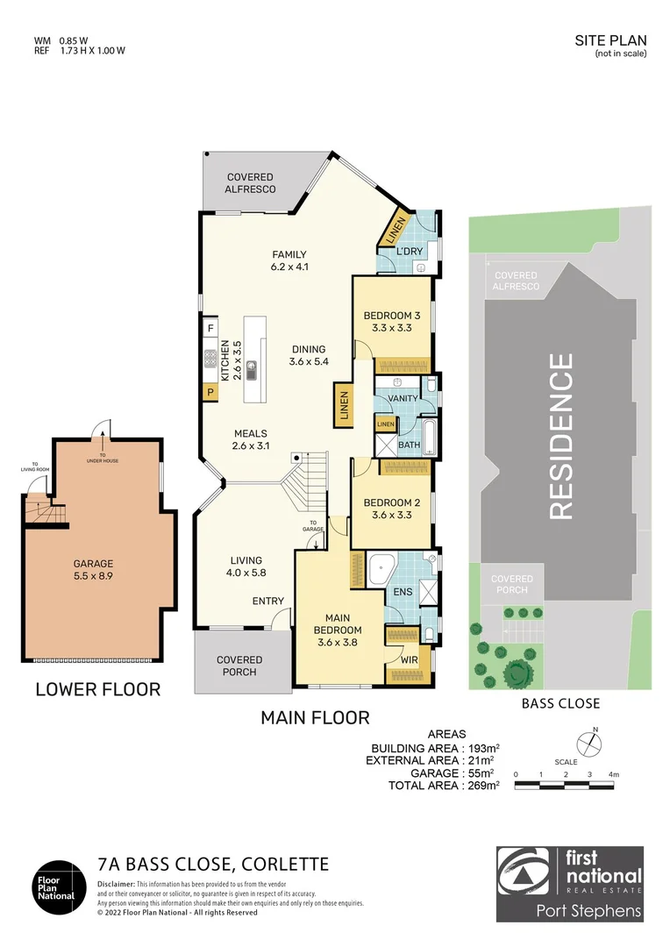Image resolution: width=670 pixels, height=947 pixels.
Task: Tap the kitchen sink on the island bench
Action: pyautogui.click(x=251, y=368)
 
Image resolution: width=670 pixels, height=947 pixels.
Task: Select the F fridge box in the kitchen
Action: pyautogui.click(x=210, y=329)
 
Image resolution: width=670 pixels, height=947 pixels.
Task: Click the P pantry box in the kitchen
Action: pyautogui.click(x=210, y=393)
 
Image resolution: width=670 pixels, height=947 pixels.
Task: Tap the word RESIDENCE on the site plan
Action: pyautogui.click(x=560, y=436)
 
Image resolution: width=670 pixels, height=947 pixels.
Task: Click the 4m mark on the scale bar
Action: pyautogui.click(x=613, y=774)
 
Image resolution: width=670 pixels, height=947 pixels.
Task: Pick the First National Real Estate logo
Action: pyautogui.click(x=570, y=884)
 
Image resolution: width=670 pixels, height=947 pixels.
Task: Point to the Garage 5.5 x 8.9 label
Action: pyautogui.click(x=93, y=570)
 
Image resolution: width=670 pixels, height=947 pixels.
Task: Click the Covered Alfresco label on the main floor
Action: pyautogui.click(x=250, y=182)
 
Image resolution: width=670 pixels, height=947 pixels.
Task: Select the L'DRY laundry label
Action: pyautogui.click(x=409, y=252)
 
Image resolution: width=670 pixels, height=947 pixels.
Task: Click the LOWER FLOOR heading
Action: pyautogui.click(x=97, y=689)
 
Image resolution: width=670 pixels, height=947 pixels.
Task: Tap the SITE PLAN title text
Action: pyautogui.click(x=610, y=40)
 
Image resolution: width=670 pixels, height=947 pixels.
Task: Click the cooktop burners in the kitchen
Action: pyautogui.click(x=210, y=358)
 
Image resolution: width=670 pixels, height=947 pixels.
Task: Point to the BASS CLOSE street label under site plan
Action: pyautogui.click(x=560, y=702)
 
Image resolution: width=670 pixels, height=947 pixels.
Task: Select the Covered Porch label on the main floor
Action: pyautogui.click(x=239, y=666)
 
